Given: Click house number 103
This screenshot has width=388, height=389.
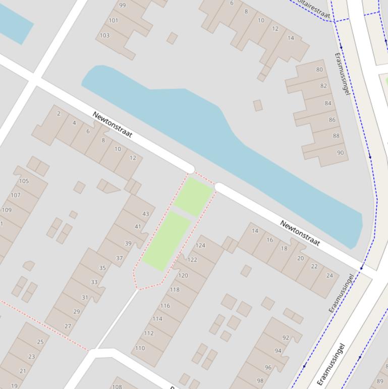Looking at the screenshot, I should pos(104,35).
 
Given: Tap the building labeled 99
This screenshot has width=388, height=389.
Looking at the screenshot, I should pos(123,6).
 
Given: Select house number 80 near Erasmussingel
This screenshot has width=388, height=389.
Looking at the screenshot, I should pos(319,70).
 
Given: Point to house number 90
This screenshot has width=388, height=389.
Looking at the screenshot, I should pos(341,153).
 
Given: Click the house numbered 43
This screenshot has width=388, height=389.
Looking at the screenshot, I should pos(146,214).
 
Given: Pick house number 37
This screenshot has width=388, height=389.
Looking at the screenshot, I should pos(119,258).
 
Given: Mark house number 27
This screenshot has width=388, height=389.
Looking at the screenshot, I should pos(68,326).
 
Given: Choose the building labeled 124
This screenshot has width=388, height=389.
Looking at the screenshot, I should pos(200,246).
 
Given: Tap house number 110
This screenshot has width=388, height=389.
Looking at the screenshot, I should pos(140,348).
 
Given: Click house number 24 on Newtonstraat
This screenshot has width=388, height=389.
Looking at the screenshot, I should pos(329,275).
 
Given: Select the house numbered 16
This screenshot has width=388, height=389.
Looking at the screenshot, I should pos(269,240).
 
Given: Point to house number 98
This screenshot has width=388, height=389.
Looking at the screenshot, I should pos(260,381).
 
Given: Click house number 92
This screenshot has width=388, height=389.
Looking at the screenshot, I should pos(286,337).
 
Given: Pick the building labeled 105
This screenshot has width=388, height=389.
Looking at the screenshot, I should pos(24,181).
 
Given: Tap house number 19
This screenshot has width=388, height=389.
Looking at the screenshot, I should pos(14,386).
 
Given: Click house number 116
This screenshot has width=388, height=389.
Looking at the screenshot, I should pos(165,306).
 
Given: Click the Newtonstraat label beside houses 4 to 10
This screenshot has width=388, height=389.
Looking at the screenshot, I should pos(113,125).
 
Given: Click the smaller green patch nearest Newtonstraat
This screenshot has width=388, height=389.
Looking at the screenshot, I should pos(194,196).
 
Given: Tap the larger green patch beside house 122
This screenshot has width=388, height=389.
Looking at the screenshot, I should pos(166,241).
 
